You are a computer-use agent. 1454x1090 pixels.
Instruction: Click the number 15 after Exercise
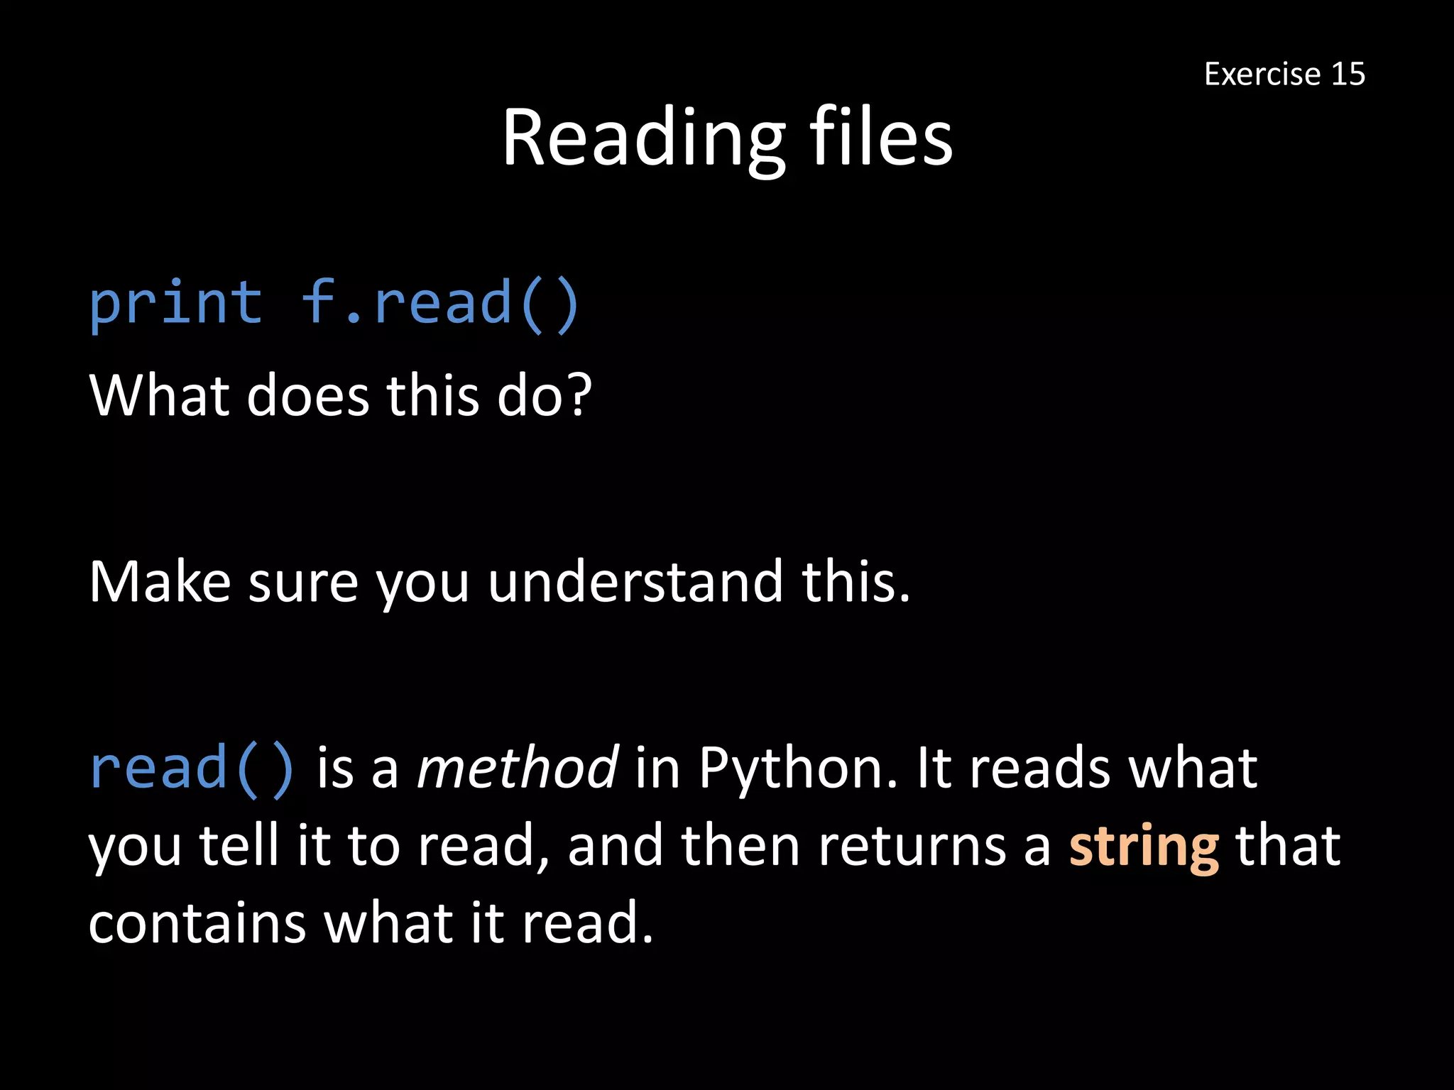(1348, 75)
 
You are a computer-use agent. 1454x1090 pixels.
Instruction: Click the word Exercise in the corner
(1262, 75)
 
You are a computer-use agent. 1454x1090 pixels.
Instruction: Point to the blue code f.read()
(440, 304)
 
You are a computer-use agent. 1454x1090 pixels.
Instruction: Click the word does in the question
(307, 395)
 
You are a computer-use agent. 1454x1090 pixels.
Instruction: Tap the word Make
(160, 582)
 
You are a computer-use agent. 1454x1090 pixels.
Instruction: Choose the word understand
(635, 582)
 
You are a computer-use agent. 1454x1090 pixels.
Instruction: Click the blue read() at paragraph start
(192, 769)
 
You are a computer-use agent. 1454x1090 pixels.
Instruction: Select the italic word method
(517, 769)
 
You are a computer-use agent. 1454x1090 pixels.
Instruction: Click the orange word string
(1144, 847)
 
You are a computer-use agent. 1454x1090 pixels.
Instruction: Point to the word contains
(197, 924)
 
